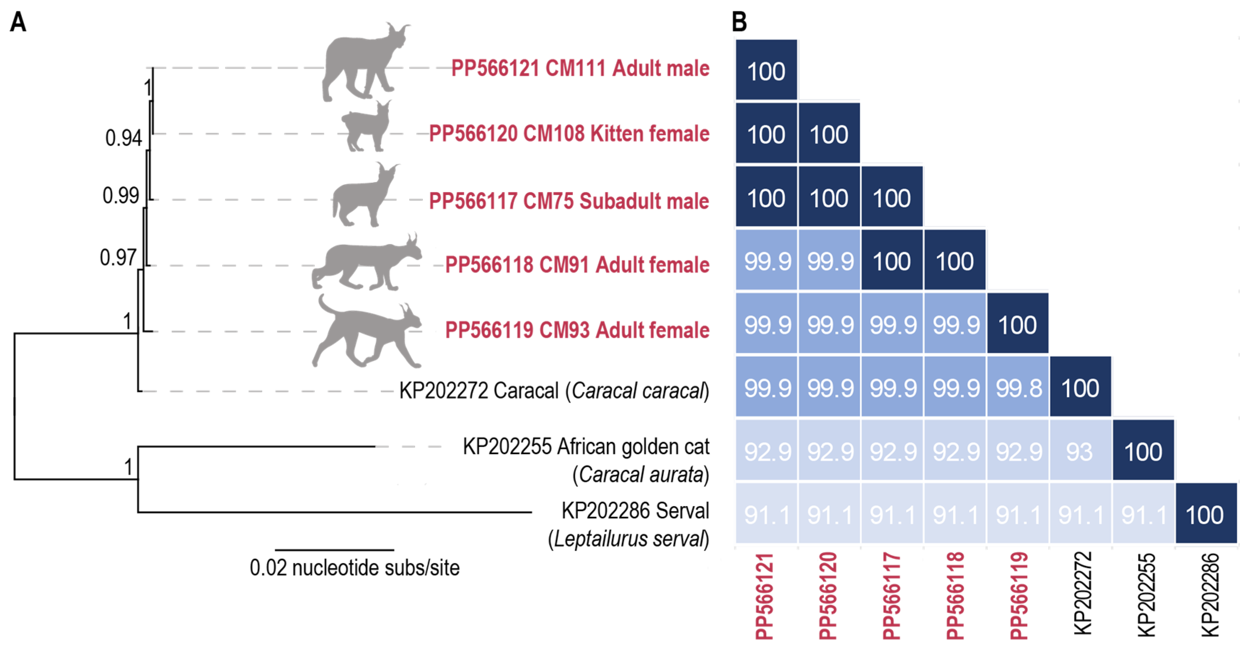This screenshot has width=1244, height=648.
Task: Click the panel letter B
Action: [739, 22]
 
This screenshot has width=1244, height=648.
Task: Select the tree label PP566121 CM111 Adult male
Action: [580, 68]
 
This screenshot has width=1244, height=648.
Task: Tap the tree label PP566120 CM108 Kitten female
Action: [569, 134]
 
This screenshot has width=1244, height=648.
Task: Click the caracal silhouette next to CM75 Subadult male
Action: [365, 196]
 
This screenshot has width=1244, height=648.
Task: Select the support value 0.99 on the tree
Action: [121, 196]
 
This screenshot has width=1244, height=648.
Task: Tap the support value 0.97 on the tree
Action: [118, 257]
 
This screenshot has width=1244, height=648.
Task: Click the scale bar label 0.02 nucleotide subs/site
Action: [354, 568]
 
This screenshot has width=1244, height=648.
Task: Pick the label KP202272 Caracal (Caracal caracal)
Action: [554, 391]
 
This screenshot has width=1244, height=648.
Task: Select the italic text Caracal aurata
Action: [641, 475]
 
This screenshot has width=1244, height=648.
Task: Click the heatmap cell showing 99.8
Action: [1018, 388]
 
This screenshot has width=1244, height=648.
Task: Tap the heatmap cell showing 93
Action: [1080, 452]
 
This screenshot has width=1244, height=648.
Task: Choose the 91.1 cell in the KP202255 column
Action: [1143, 515]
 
